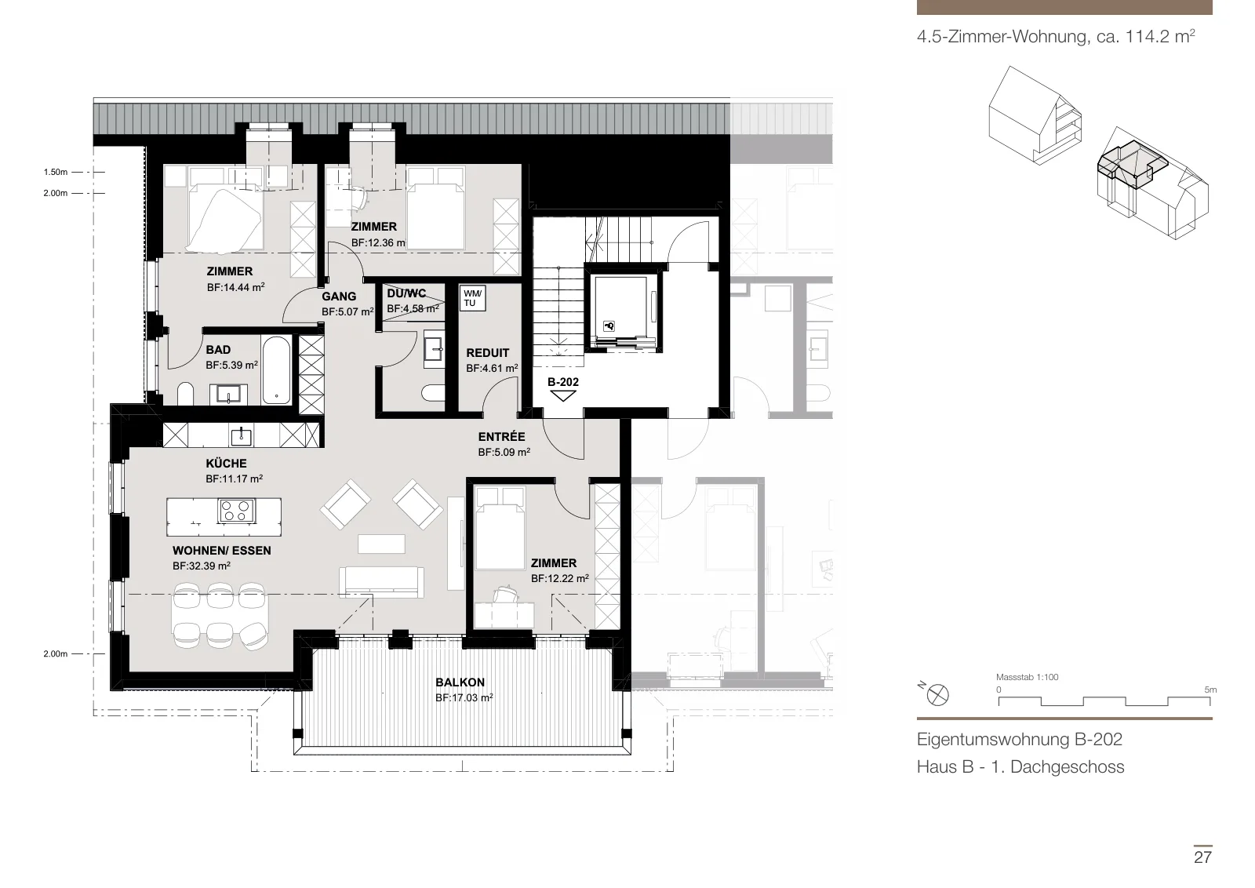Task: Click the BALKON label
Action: click(460, 682)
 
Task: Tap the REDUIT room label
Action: click(487, 353)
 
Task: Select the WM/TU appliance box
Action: click(472, 298)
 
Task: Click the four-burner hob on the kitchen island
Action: click(236, 511)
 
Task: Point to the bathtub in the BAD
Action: click(276, 369)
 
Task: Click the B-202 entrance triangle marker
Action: click(563, 396)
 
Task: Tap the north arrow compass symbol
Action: click(937, 695)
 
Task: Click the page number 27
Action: click(1202, 857)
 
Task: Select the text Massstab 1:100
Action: click(1027, 677)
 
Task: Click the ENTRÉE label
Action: click(501, 436)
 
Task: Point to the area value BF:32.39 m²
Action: click(202, 566)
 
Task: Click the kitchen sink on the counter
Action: click(242, 435)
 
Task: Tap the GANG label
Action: click(339, 297)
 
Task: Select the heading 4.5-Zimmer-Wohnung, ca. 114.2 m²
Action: click(1056, 36)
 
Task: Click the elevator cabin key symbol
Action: click(609, 326)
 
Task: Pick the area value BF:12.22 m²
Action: click(560, 578)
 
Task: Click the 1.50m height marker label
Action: click(56, 172)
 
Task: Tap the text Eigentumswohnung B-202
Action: click(1019, 740)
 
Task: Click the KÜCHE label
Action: click(227, 464)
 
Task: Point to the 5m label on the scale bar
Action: click(1210, 690)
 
